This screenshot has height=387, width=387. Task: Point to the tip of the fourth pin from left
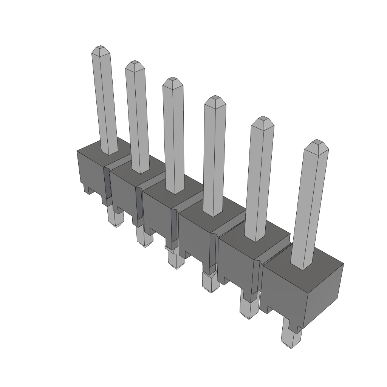pyautogui.click(x=215, y=99)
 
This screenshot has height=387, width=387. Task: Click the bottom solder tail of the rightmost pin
pyautogui.click(x=291, y=338)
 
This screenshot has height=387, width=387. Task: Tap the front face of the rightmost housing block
pyautogui.click(x=283, y=291)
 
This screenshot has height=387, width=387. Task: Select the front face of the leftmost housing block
pyautogui.click(x=90, y=170)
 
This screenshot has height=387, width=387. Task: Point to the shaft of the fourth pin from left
pyautogui.click(x=214, y=159)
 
